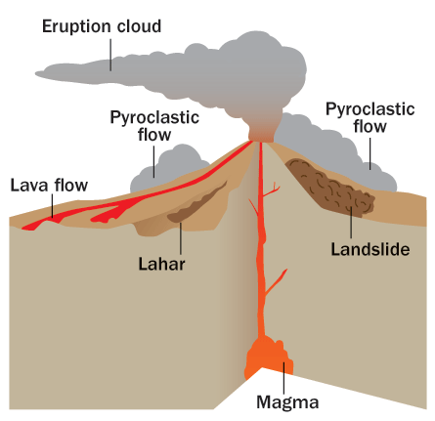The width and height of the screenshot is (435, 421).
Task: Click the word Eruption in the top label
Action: click(77, 27)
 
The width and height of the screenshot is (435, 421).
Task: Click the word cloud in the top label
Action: click(139, 26)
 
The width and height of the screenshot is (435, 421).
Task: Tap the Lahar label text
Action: click(161, 264)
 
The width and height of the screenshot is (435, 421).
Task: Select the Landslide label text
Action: click(370, 250)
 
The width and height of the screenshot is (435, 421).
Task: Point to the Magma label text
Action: click(287, 402)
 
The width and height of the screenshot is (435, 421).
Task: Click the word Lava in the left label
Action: click(30, 186)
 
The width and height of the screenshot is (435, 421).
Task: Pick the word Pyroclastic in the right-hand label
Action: click(370, 109)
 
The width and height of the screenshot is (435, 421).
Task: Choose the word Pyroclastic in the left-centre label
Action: click(154, 118)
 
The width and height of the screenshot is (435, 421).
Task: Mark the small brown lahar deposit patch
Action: click(196, 205)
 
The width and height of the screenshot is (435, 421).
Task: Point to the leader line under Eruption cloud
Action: click(110, 55)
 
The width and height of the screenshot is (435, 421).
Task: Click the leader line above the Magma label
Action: click(283, 378)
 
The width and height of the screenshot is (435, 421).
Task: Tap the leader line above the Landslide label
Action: click(351, 223)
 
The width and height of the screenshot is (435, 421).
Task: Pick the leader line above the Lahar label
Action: click(180, 238)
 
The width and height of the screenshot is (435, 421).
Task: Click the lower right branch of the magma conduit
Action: click(276, 282)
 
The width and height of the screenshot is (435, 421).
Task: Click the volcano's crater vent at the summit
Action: click(261, 141)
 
